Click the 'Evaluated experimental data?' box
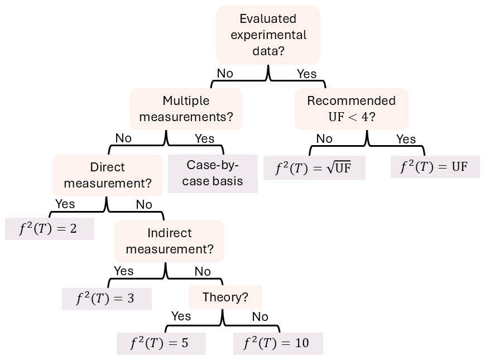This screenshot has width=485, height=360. point(268,35)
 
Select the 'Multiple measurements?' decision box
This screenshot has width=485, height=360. point(186,109)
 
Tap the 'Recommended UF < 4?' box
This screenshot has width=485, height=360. point(351,109)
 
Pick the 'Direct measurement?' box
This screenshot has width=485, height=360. point(107,175)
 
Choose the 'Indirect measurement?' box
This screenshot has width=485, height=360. point(169,241)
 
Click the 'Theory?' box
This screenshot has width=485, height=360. point(225,297)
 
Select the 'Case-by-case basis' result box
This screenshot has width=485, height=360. point(213,173)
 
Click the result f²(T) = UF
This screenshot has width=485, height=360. point(435,167)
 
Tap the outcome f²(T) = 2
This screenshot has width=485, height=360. point(49,229)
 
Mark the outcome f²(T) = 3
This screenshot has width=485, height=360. point(106,299)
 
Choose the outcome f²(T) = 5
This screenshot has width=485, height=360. point(161,343)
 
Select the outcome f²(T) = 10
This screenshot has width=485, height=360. point(277,343)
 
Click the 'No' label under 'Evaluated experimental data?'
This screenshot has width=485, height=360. point(225,73)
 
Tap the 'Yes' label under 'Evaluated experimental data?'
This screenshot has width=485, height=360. point(306,74)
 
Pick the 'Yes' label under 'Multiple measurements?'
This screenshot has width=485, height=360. point(204,138)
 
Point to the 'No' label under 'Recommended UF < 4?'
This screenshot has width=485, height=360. point(324,138)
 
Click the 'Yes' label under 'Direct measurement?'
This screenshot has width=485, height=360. point(65,204)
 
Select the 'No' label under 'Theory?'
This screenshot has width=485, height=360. point(260,316)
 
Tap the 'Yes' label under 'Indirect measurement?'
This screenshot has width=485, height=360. point(123,271)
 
